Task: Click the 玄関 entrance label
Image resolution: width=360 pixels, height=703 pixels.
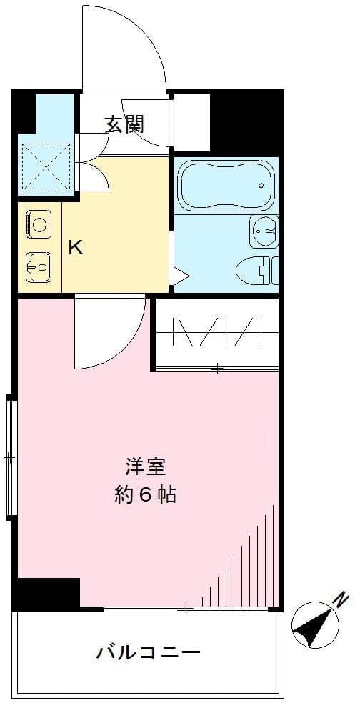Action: tap(125, 124)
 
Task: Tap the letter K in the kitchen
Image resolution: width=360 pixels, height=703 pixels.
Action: tap(75, 248)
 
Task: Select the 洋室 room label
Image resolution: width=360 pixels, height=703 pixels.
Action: tap(146, 467)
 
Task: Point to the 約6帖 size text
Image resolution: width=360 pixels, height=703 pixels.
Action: tap(146, 495)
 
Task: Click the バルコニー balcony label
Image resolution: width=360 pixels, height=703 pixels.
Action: tap(148, 652)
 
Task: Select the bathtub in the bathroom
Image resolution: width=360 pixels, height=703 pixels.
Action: tap(225, 184)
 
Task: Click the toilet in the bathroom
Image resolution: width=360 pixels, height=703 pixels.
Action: tap(257, 270)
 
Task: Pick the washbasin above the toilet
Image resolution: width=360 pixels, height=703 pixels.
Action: tap(265, 231)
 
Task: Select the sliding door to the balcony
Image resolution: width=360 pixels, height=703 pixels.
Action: tap(186, 609)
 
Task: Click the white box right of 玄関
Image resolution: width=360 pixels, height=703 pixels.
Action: tap(192, 122)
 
